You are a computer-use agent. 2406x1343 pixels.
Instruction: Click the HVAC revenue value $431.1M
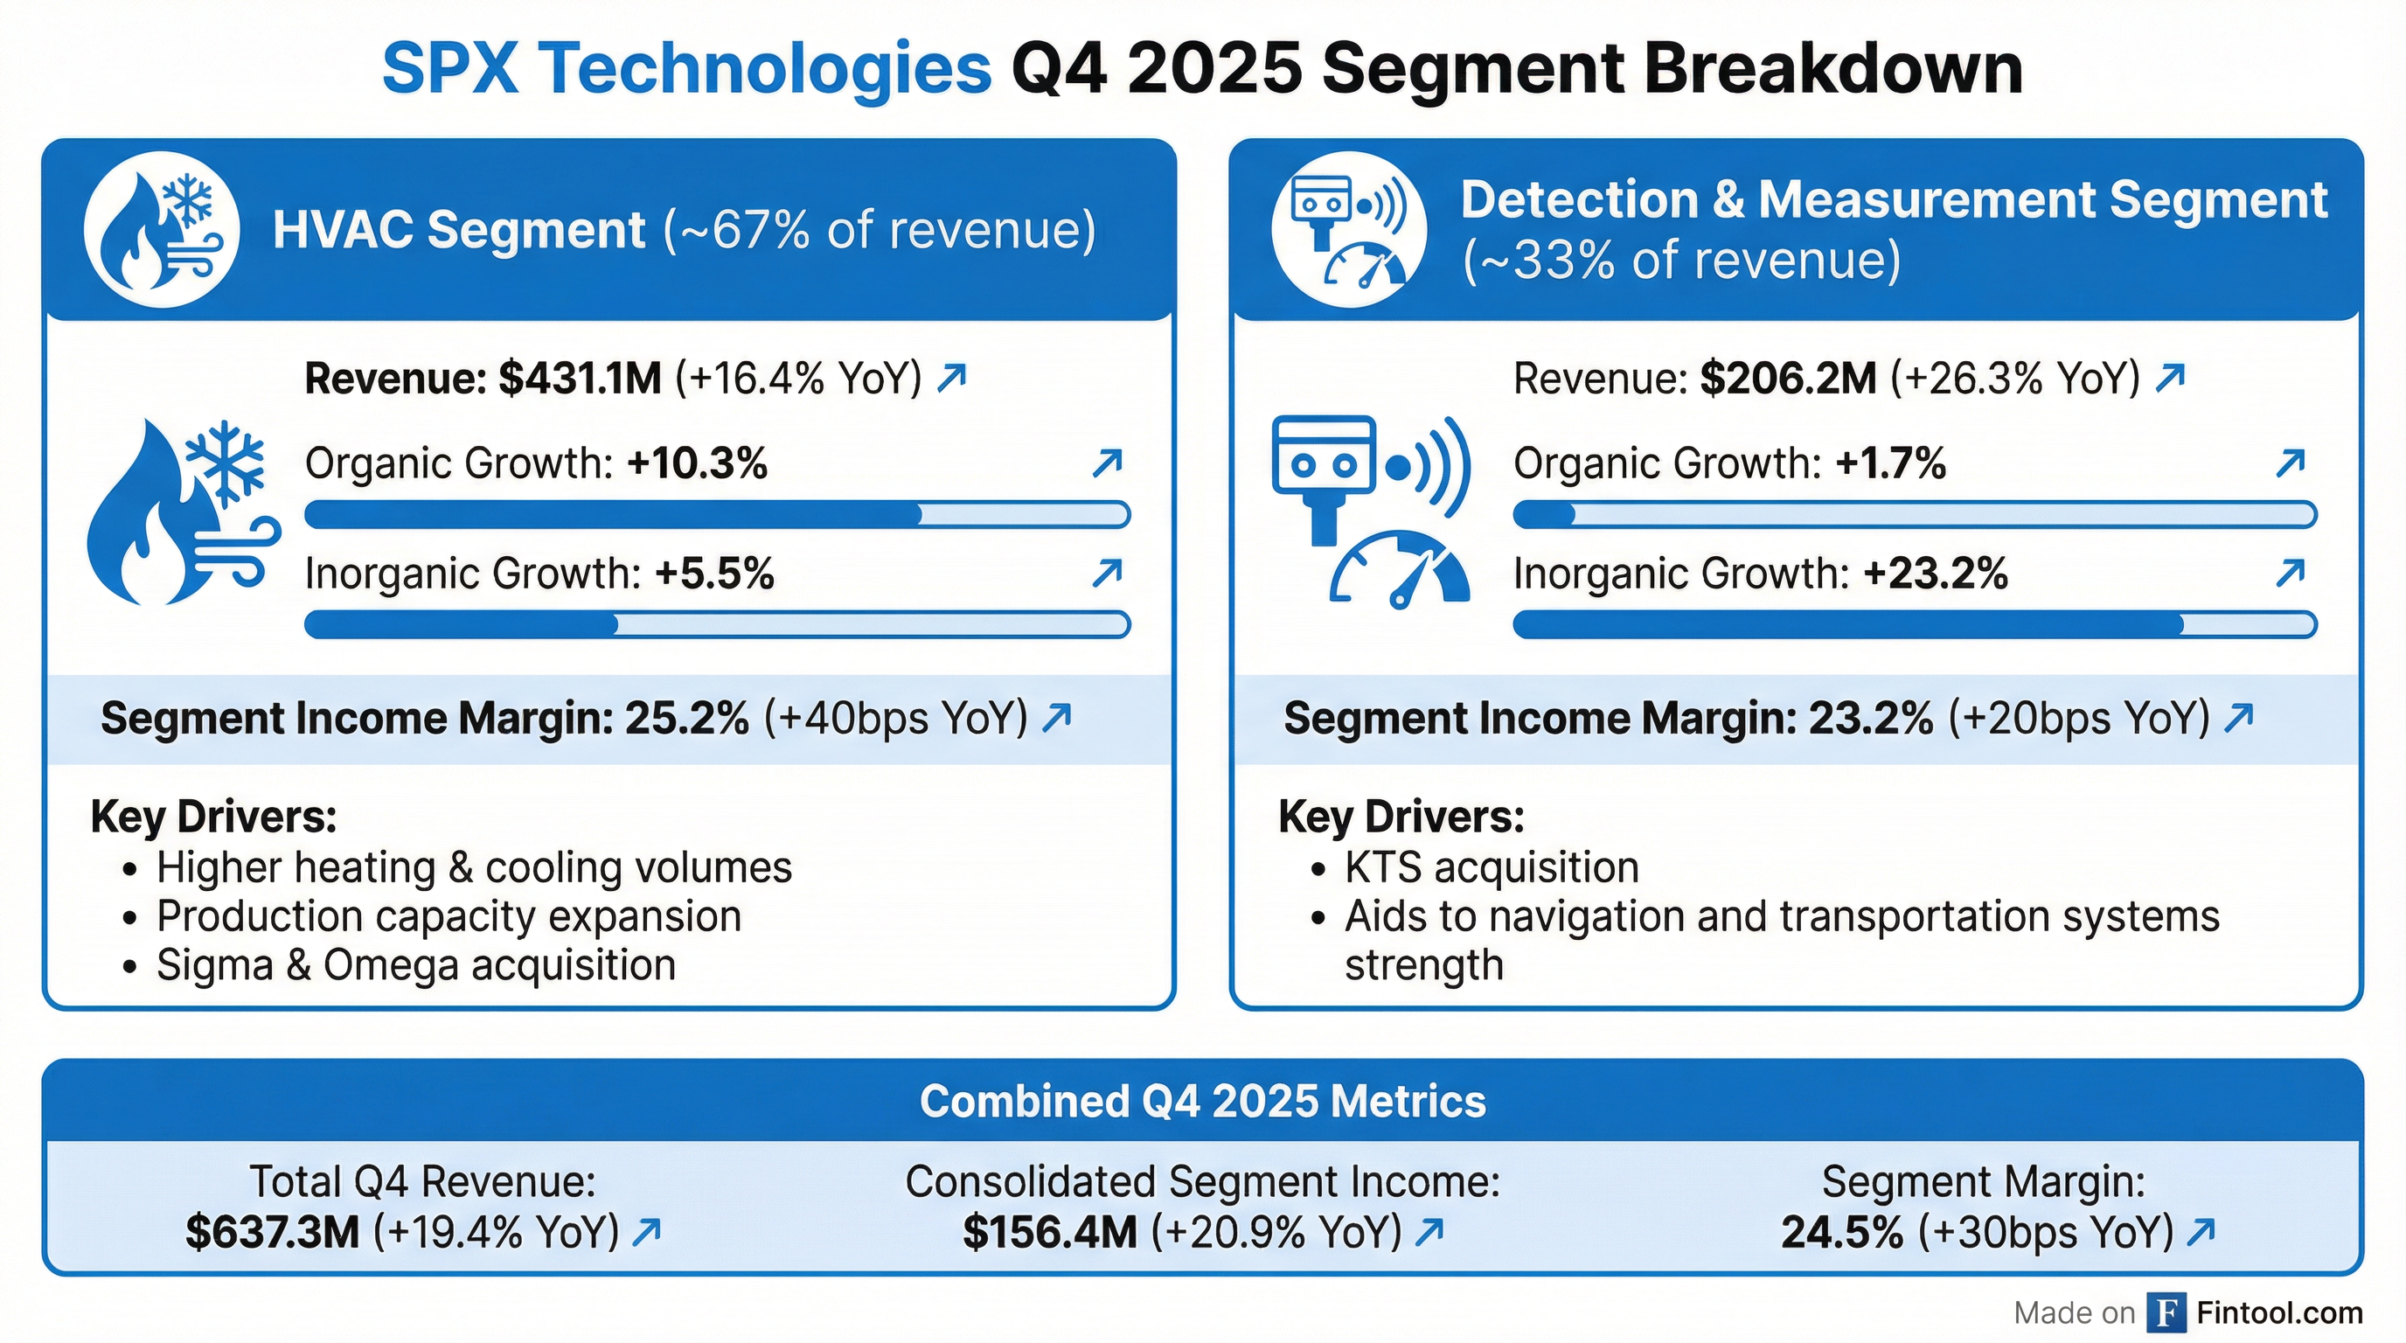(x=579, y=379)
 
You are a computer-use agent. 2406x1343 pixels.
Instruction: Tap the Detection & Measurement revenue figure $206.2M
(x=1788, y=379)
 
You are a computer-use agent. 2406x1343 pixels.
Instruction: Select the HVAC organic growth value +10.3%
(x=697, y=464)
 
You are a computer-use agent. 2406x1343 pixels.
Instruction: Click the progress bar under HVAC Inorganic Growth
(x=716, y=625)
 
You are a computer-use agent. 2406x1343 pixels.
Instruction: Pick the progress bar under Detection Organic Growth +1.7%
(x=1914, y=515)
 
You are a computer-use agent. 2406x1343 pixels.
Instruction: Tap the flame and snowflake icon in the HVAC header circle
(x=162, y=230)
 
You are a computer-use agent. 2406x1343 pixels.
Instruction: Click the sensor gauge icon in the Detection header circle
(x=1349, y=230)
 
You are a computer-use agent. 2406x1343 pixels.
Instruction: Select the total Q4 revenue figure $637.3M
(x=272, y=1233)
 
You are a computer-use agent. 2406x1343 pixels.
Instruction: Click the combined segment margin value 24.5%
(x=1842, y=1233)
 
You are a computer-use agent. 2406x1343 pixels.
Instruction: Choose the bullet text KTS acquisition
(x=1492, y=867)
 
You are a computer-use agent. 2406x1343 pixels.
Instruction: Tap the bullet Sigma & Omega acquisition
(x=415, y=965)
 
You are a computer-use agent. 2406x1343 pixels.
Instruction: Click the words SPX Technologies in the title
(x=686, y=69)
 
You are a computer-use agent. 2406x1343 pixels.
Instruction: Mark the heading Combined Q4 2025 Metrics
(x=1202, y=1101)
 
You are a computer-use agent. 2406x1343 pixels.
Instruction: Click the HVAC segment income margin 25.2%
(x=686, y=718)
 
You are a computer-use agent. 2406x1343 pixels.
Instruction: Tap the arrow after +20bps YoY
(x=2239, y=718)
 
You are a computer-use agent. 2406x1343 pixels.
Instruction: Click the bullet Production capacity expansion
(x=449, y=916)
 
